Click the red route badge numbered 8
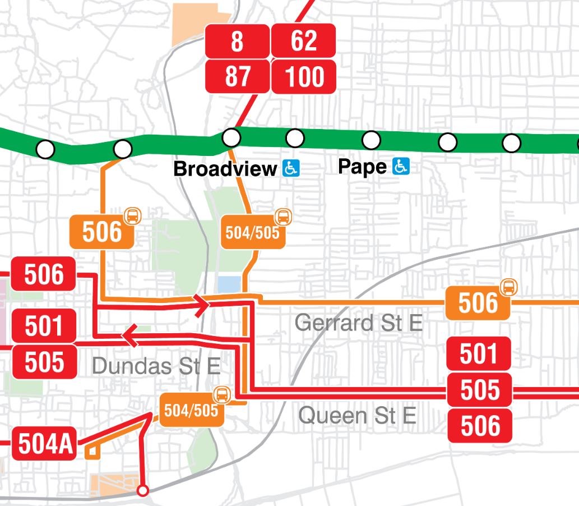pos(237,41)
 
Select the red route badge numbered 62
pos(303,41)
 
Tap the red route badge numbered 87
pos(237,76)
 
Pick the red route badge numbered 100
pos(303,76)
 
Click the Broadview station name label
pos(225,169)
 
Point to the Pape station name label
pos(362,167)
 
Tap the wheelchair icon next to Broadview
pos(291,168)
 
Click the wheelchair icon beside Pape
pos(401,166)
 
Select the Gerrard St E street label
pos(358,323)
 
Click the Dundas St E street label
pos(156,366)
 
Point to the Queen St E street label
pos(357,416)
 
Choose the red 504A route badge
pos(45,444)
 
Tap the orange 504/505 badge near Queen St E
pos(192,410)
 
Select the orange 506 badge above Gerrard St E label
pos(478,303)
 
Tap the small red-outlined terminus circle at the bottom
pos(143,491)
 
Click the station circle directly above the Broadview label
pos(231,137)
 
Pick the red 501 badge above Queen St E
pos(479,354)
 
